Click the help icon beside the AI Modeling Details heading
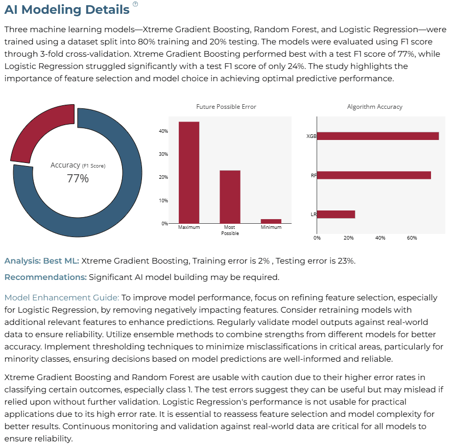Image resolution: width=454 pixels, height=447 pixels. pos(135,4)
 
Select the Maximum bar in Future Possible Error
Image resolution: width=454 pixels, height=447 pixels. pos(189,172)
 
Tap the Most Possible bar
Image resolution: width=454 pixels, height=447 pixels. pos(230,197)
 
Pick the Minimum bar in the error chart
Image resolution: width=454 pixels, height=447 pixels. pos(271,221)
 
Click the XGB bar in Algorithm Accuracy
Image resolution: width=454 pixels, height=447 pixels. pos(378,136)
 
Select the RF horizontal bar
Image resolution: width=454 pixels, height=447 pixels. pos(374,175)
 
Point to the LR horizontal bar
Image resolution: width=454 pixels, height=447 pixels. pos(336,215)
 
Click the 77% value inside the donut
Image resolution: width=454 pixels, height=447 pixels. pos(78,178)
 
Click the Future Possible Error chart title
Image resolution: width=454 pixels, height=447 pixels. pos(226,107)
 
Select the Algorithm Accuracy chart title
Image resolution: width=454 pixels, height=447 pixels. pos(375,107)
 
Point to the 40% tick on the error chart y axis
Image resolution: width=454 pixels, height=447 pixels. pos(163,131)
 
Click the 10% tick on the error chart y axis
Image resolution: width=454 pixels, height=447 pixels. pos(163,200)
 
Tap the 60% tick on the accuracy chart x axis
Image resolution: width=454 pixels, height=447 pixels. pos(412,238)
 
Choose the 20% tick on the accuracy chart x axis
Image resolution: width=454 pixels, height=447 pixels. pos(349,238)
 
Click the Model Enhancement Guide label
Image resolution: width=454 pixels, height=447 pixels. pos(62,297)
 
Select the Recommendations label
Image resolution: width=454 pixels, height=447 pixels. pos(45,277)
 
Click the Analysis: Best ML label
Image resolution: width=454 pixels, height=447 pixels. pos(42,261)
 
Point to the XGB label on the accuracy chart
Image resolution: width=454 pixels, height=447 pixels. pos(311,136)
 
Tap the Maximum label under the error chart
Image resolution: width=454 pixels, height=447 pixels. pos(189,227)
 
